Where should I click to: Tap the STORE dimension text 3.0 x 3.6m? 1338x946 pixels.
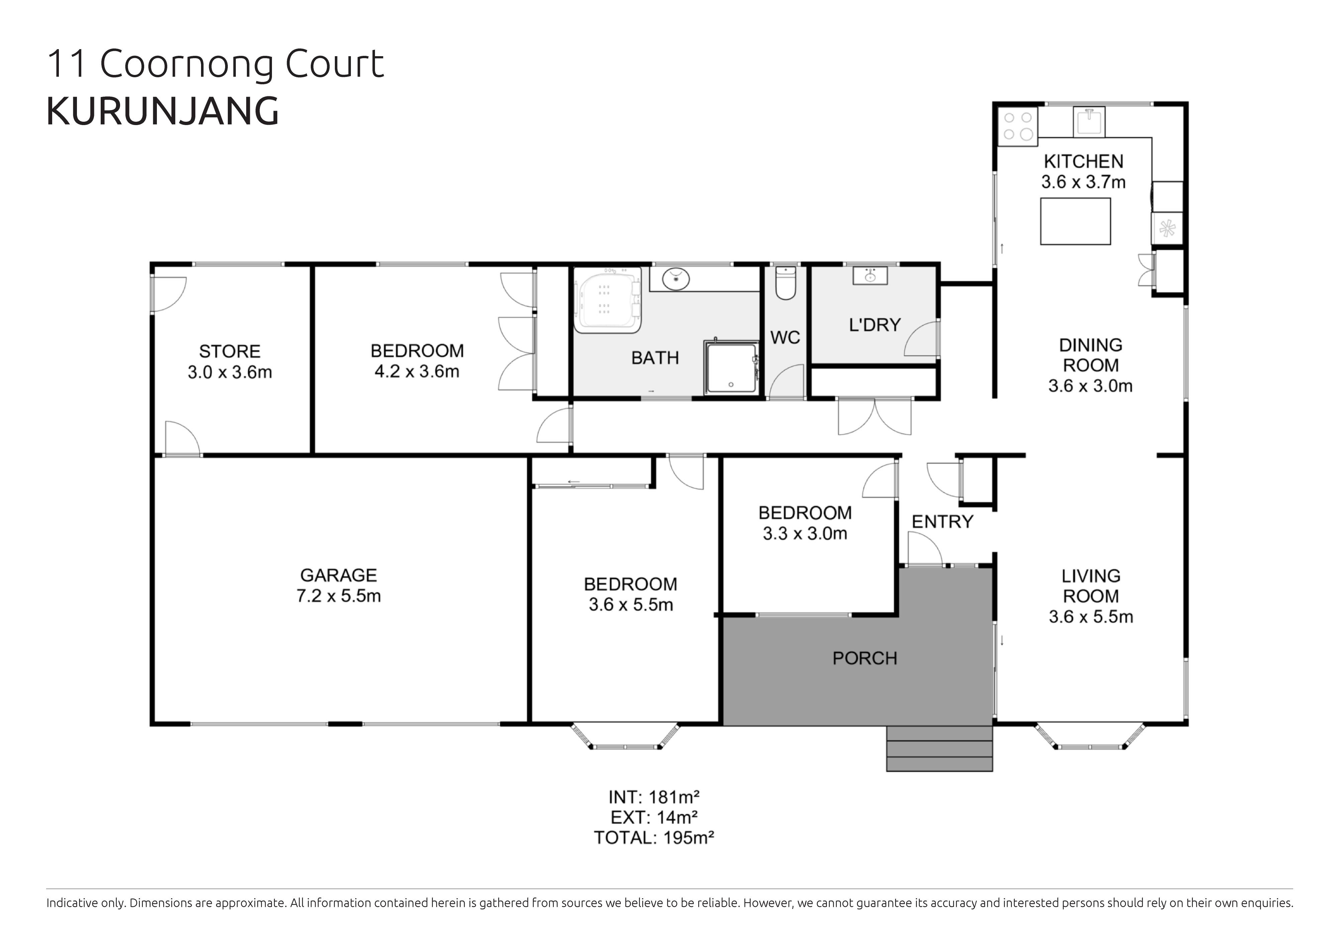229,372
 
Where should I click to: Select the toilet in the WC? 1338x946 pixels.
785,284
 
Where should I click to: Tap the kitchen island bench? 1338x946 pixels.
1075,221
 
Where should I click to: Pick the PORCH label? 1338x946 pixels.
864,658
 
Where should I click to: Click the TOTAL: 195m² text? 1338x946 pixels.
654,838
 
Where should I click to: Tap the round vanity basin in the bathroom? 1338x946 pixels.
677,278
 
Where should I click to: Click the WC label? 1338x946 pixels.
785,337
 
